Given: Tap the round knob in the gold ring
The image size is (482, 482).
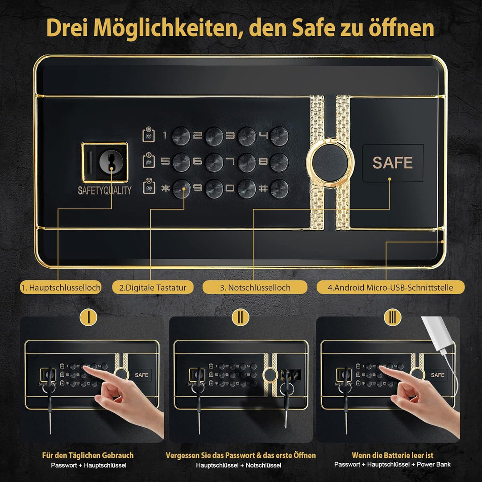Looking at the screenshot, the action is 330,162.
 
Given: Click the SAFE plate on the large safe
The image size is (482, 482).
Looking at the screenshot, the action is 393,162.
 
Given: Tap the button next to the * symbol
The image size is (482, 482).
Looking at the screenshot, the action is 181,189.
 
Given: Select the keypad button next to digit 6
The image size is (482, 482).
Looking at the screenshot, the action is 214,162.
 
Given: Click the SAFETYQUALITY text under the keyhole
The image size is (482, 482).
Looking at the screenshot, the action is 104,191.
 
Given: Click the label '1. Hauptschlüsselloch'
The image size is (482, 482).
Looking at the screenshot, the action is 61,287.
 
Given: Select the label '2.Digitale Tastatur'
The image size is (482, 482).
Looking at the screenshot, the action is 153,287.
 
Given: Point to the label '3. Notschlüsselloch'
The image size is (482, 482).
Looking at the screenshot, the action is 255,287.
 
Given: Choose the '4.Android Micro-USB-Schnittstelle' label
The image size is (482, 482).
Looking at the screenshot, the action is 391,287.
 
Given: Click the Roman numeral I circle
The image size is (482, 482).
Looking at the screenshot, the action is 88,317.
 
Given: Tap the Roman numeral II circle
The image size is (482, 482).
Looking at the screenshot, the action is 241,317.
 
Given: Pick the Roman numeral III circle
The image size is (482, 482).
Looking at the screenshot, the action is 393,317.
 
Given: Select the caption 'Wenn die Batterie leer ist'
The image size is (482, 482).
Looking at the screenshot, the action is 393,455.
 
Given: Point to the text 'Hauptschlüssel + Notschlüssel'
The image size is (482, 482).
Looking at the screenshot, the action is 238,465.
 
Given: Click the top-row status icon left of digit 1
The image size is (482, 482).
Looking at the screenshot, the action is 149,135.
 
